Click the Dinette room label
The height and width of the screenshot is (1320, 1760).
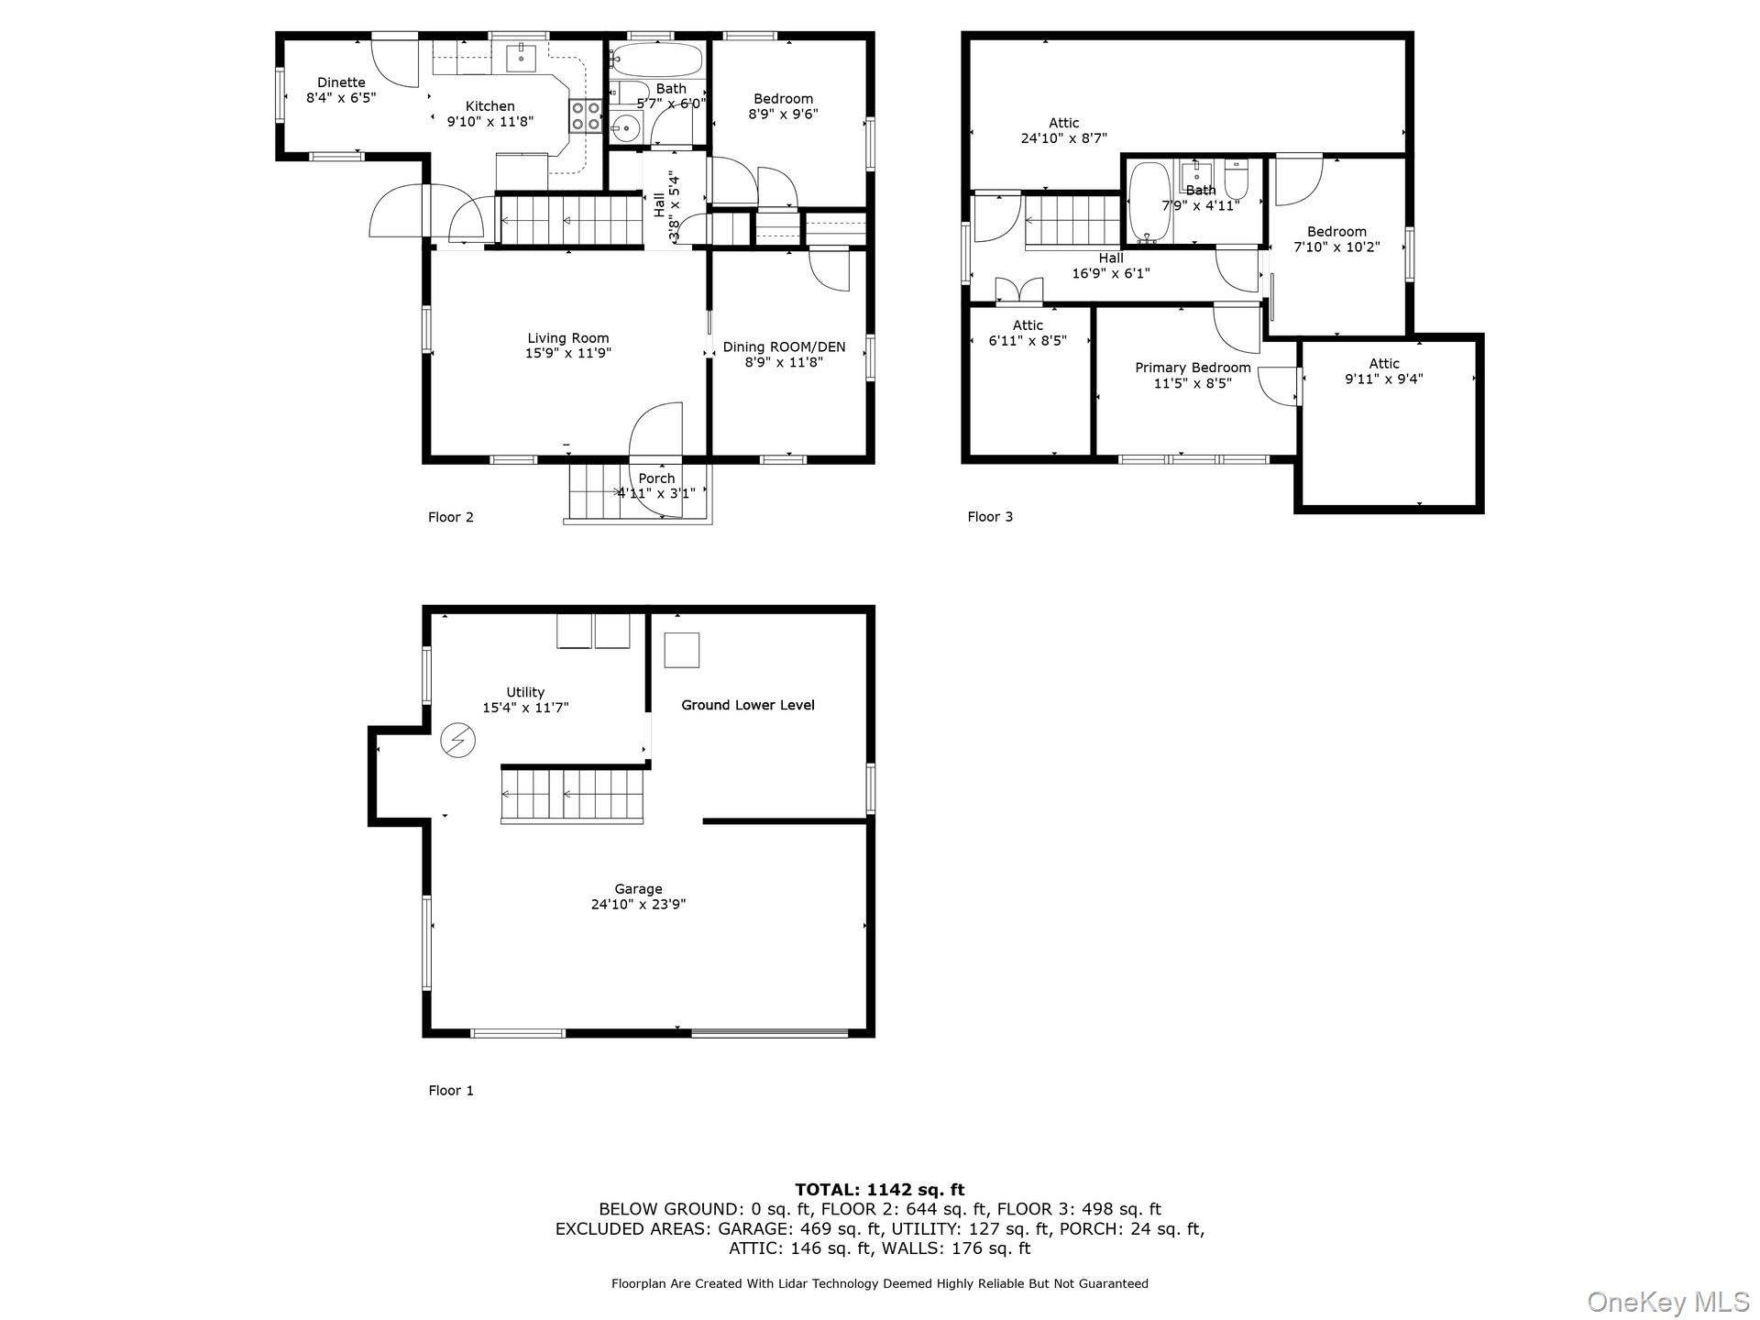[341, 90]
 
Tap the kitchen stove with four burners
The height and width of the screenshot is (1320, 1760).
[587, 115]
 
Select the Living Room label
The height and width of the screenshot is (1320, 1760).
[568, 346]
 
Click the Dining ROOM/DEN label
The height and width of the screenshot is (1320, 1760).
[784, 354]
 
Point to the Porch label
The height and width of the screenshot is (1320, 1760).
[656, 486]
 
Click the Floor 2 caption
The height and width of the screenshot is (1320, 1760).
[451, 517]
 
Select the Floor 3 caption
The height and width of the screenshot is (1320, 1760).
[990, 516]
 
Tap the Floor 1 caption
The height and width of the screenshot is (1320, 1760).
[451, 1090]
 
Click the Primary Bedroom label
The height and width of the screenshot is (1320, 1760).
[1193, 375]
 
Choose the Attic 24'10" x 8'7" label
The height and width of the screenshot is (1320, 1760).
[1063, 130]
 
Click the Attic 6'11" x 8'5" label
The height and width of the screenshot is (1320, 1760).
[1028, 333]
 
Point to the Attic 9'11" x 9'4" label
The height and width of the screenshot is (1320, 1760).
[1384, 371]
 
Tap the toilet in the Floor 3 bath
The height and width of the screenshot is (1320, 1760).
[1236, 179]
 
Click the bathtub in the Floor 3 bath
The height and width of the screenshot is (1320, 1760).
[1149, 203]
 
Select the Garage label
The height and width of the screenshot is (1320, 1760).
[638, 896]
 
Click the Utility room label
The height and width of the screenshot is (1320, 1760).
[525, 699]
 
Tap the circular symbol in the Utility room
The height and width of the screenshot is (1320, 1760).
[458, 740]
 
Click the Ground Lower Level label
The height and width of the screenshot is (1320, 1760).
[748, 705]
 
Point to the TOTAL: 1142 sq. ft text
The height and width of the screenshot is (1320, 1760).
[880, 1190]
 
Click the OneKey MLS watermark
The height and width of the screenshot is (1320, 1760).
[1667, 1302]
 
